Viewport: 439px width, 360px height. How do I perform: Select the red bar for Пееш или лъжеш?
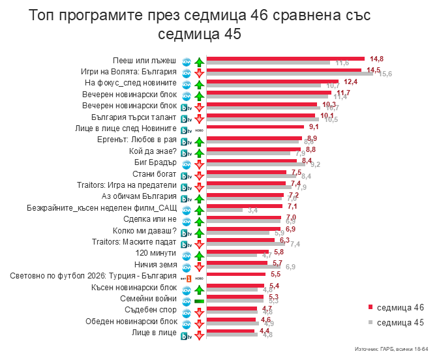coord(285,59)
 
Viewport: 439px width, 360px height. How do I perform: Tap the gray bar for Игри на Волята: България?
coord(290,74)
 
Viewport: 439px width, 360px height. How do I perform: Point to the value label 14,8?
coord(376,58)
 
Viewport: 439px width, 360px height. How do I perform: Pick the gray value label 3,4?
coord(252,211)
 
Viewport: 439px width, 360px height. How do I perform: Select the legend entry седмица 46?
coord(400,307)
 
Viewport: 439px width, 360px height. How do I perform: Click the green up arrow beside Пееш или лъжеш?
coord(198,61)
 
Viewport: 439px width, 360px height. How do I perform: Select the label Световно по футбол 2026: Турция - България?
coord(94,276)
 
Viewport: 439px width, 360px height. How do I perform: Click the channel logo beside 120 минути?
coord(186,254)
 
